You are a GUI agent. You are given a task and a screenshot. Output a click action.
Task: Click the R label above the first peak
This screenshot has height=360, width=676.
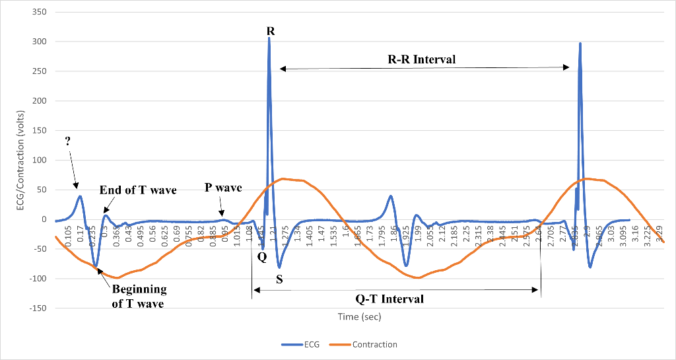point(271,31)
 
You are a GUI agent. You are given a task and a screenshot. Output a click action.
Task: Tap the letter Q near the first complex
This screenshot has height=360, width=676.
point(262,258)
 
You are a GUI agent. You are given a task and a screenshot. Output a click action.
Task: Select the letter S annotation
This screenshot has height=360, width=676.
point(279,279)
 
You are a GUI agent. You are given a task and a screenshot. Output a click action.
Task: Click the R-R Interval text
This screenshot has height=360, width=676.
point(421,59)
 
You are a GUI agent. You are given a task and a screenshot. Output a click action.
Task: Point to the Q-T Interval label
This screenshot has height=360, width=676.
point(389,299)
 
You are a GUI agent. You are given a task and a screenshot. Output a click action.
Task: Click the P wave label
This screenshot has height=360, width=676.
point(223,188)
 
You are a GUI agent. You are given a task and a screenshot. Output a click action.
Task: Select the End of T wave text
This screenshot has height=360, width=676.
point(138,190)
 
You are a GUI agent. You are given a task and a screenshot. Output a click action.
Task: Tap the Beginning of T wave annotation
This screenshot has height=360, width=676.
point(139,297)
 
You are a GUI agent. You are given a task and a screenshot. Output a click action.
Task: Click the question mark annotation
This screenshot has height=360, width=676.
point(68,141)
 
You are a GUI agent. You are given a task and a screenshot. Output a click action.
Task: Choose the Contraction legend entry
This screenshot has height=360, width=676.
point(374,344)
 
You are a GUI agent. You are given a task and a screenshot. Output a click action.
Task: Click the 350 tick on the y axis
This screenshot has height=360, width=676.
point(38,13)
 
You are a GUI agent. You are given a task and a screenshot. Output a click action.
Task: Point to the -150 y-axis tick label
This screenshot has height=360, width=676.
point(36,308)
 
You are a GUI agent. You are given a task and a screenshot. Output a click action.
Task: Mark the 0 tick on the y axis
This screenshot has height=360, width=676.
point(43,220)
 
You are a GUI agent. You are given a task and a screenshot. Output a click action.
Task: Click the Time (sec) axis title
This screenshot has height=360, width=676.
point(359,316)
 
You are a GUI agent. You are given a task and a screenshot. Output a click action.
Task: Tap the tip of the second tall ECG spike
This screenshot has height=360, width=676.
point(580,44)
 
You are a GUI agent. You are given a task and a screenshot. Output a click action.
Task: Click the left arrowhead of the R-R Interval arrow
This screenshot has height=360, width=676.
point(281,68)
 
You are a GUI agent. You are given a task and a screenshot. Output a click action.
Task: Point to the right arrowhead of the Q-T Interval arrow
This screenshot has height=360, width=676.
point(539,289)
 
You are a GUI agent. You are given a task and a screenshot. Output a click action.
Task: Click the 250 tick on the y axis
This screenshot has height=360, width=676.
point(38,72)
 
